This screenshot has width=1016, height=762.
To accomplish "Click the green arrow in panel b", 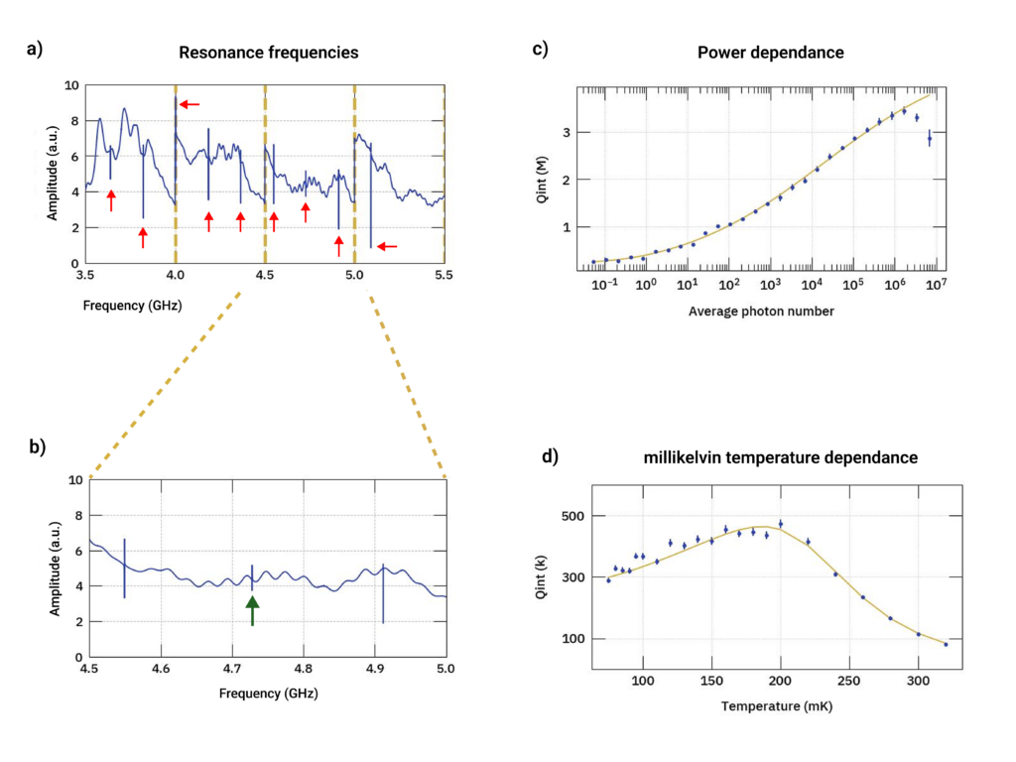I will [x=252, y=609].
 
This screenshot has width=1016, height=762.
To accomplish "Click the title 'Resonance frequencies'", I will [x=268, y=52].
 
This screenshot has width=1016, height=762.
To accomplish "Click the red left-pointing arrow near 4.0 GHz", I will [x=189, y=103].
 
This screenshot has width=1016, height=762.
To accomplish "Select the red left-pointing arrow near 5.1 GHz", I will [x=387, y=246].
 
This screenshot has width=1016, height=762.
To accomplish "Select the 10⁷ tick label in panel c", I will [x=937, y=286].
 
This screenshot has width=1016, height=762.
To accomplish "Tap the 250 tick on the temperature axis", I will [x=849, y=681].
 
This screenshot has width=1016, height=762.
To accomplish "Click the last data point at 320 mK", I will [x=946, y=644].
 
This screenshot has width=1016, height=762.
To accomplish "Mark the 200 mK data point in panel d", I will [x=781, y=524].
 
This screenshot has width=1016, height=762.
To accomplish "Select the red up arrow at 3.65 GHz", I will [x=111, y=199].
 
